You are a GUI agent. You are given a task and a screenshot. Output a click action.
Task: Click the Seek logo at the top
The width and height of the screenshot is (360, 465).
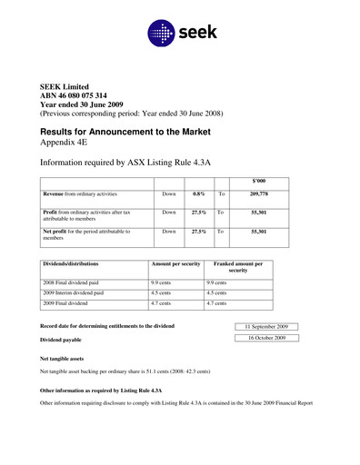coord(180,35)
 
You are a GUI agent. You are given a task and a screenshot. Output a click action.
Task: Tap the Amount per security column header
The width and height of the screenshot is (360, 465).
coord(175,263)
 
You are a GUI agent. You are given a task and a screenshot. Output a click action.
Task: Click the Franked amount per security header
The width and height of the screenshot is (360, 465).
coord(238,267)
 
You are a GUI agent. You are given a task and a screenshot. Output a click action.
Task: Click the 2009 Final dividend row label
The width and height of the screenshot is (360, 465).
coord(73,305)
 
